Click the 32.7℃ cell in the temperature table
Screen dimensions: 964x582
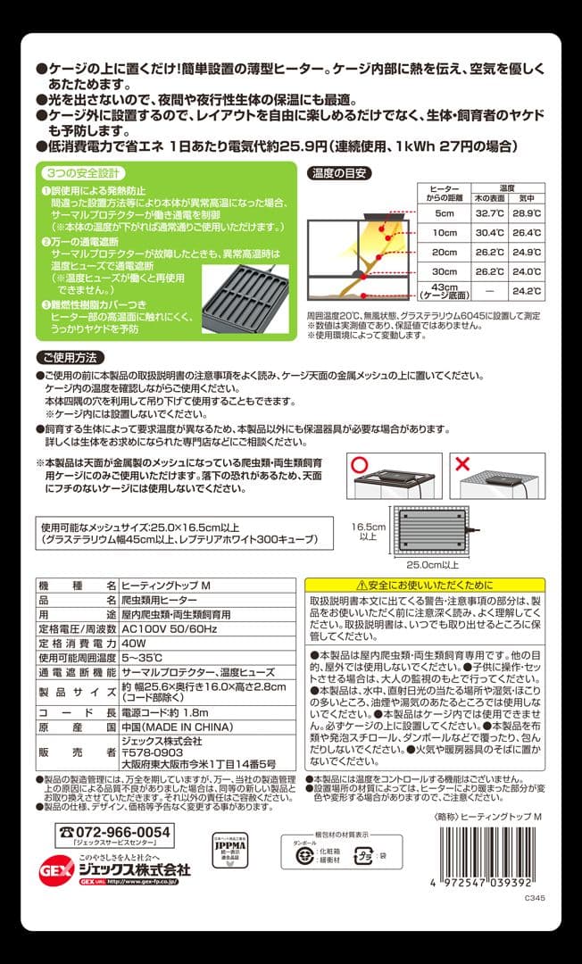point(490,213)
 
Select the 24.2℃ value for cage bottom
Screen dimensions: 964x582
point(527,290)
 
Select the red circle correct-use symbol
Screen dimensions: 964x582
point(359,466)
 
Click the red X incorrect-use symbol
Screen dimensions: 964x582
point(460,466)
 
